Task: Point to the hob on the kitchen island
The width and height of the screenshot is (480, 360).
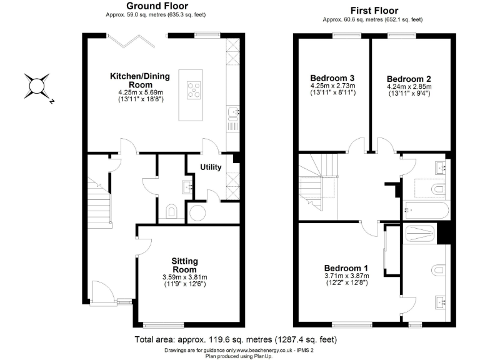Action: [194, 91]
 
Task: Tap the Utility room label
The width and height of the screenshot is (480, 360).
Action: [211, 167]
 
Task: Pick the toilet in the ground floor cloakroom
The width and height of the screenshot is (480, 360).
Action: [172, 211]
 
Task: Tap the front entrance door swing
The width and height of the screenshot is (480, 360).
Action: [101, 290]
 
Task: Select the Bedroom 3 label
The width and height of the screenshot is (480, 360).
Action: [332, 77]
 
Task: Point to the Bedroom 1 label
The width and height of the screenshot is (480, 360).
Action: [346, 268]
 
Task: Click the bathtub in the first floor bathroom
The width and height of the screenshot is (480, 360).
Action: [425, 209]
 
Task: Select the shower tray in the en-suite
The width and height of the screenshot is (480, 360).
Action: [422, 234]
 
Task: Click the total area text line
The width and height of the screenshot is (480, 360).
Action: [236, 340]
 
